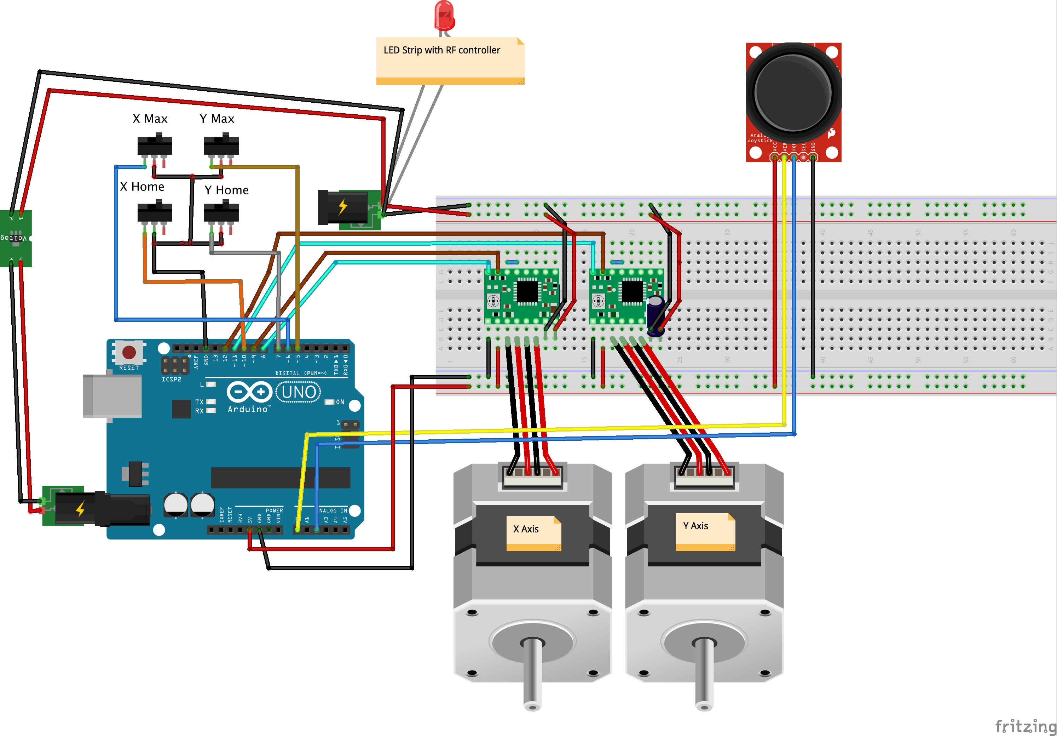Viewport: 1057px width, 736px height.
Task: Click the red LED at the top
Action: [444, 16]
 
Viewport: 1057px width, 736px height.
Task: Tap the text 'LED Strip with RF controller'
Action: [441, 50]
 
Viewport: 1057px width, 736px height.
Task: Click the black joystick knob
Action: [793, 92]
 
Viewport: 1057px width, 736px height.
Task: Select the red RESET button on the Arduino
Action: [129, 352]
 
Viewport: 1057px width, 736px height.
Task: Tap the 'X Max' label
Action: [150, 119]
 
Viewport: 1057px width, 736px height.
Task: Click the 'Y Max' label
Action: [217, 119]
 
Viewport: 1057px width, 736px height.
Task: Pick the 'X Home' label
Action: [142, 187]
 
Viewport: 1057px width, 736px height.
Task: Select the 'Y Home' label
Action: [226, 190]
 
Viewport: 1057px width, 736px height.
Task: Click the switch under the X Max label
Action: [155, 145]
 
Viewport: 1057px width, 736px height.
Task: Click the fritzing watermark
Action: [1025, 726]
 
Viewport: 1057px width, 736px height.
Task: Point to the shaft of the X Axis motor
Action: [533, 672]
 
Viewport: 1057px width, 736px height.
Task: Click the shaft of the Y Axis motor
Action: [704, 672]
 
